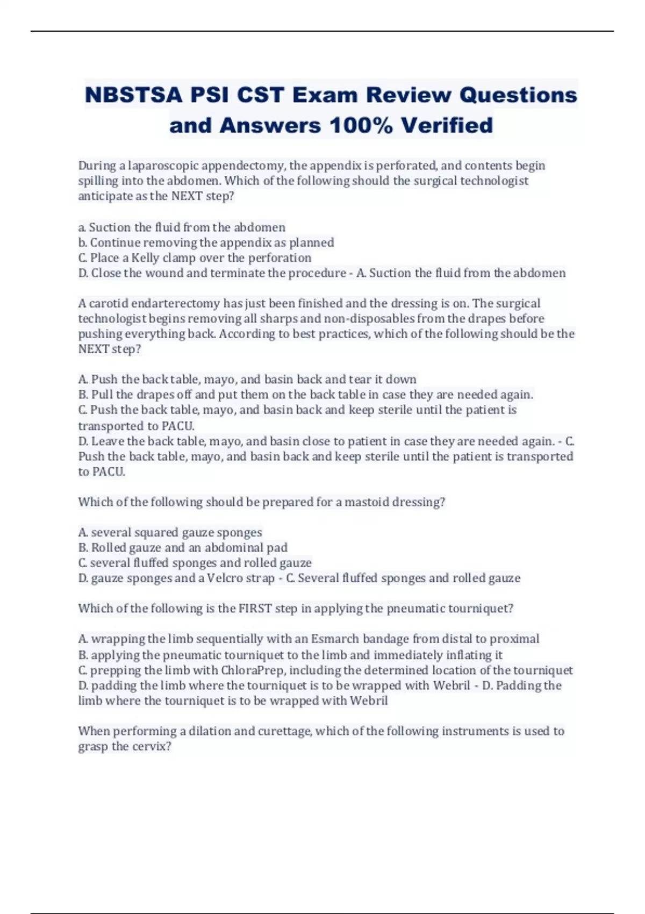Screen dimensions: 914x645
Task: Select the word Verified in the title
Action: tap(447, 126)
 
